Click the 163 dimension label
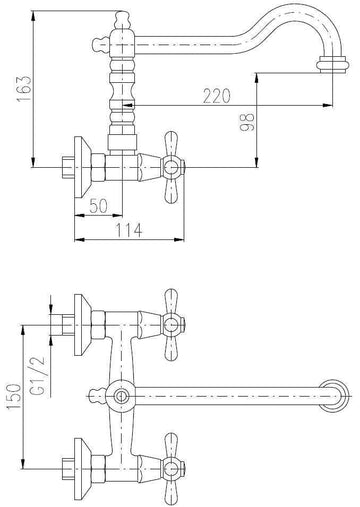[24, 89]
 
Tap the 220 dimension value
[217, 96]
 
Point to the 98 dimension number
[247, 122]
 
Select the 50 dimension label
[99, 206]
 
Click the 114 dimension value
[129, 230]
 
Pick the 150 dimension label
[14, 397]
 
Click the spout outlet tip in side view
[333, 65]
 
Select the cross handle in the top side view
[171, 167]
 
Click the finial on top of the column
[122, 20]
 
